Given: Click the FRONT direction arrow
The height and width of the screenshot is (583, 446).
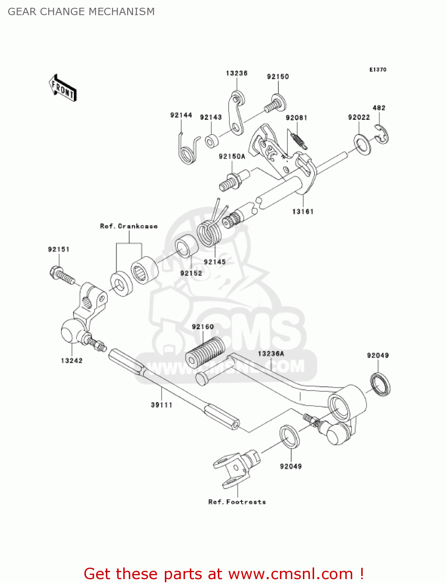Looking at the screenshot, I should (63, 88).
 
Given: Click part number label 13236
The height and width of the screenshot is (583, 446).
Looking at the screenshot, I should (236, 73).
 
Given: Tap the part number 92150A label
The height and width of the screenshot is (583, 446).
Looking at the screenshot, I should (232, 156).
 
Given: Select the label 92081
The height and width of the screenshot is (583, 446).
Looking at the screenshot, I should (296, 118).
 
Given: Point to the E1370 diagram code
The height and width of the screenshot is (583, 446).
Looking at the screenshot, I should (378, 70).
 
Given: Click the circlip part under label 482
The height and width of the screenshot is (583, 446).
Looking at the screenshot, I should (382, 134).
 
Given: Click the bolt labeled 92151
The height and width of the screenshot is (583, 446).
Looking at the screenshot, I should (62, 274).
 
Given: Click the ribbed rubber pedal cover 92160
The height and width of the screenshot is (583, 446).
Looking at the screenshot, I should (205, 352).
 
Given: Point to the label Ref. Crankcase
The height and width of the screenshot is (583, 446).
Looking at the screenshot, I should (129, 226).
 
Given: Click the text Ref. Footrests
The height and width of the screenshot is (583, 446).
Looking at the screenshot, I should (237, 502).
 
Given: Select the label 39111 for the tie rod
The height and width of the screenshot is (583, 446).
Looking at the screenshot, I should (161, 405).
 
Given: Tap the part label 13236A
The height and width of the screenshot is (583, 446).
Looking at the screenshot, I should (271, 353).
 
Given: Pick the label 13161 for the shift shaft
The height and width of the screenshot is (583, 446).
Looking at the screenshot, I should (303, 211).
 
